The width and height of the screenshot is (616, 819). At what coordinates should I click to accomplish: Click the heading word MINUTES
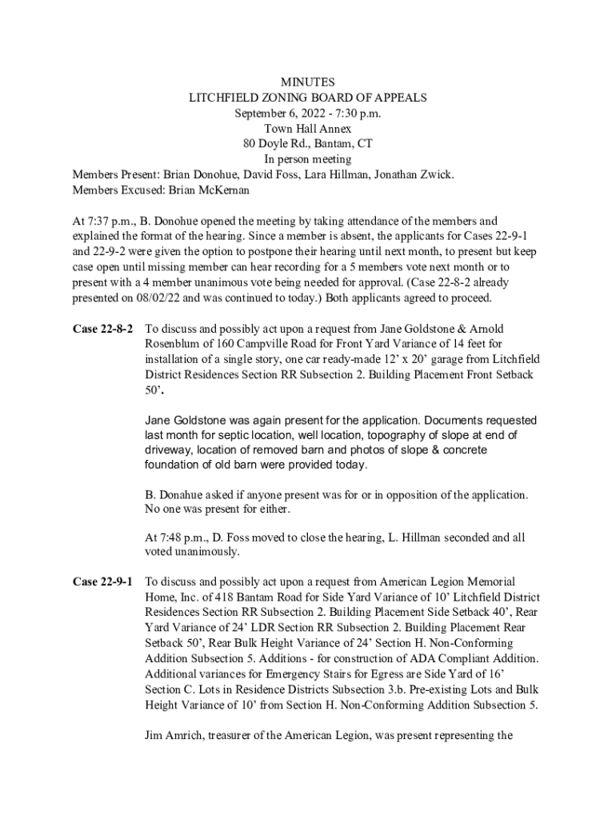(x=307, y=82)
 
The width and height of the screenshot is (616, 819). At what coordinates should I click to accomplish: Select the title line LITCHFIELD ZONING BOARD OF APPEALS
(x=307, y=98)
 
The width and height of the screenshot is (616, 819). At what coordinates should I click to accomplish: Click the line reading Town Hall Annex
(x=307, y=128)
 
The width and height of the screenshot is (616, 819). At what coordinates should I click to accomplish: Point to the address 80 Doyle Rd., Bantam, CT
(x=307, y=144)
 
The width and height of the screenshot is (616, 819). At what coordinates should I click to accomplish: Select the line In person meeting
(x=307, y=159)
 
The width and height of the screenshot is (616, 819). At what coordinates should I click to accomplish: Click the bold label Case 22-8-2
(x=102, y=329)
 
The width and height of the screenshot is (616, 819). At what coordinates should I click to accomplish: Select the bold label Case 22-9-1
(x=102, y=581)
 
